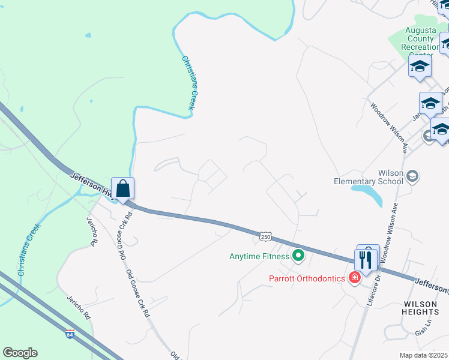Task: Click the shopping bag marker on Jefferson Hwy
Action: tap(122, 189)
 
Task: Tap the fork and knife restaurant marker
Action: tap(366, 259)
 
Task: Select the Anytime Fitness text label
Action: tap(259, 256)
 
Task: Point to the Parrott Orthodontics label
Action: tap(306, 278)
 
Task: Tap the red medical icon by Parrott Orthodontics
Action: tap(355, 277)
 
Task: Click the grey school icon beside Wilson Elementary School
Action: tap(412, 176)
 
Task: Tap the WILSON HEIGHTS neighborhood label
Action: tap(421, 308)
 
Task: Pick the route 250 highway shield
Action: tap(265, 237)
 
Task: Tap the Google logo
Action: tap(20, 353)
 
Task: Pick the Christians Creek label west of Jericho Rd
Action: tap(29, 249)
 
